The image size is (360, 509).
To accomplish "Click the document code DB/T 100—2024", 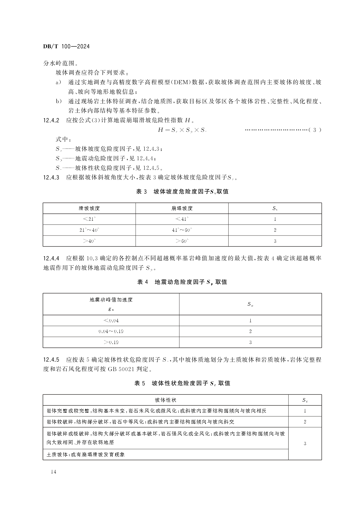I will point(66,46).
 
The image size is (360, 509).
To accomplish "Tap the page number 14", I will point(53,472).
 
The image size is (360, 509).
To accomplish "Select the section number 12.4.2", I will point(51,120).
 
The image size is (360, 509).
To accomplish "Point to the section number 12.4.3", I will point(51,177).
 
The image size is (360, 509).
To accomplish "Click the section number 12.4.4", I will point(51,258).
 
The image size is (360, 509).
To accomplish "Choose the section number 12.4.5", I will point(51,360).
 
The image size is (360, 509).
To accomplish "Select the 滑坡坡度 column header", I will point(89,208).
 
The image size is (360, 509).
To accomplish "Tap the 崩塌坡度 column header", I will point(182,208).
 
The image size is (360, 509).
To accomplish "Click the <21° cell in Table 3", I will point(89,219).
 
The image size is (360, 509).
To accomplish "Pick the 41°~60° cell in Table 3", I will point(182,230).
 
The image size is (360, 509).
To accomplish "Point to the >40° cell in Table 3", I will point(89,241).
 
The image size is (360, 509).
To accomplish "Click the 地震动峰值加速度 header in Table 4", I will point(111,300).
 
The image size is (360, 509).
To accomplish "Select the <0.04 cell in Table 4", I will point(111,320).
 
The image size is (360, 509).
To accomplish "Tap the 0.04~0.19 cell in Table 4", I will point(111,331).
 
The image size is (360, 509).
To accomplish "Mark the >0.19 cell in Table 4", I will point(111,342).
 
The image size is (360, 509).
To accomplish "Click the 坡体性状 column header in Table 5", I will point(165,400).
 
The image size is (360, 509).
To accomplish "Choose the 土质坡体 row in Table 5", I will point(86,454).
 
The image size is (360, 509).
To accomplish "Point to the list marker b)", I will point(59,101).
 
